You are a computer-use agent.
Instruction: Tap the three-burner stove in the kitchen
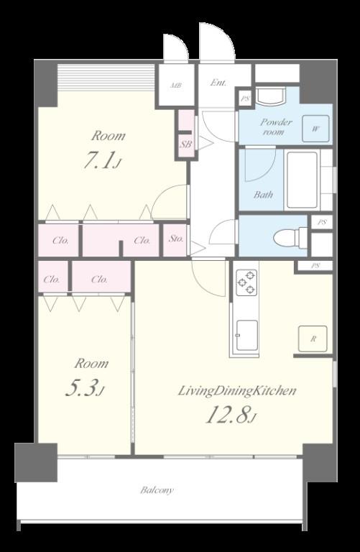tap(246, 282)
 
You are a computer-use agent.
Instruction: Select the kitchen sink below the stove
tap(246, 335)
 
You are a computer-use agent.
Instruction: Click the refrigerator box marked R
tap(313, 339)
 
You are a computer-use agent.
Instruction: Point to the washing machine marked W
tap(315, 129)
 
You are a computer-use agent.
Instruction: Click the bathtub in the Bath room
tap(303, 180)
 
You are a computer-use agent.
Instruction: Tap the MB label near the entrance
tap(176, 86)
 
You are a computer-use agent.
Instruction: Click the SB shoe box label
tap(186, 144)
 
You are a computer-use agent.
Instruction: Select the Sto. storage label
tap(176, 239)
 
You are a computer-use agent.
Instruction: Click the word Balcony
tap(157, 490)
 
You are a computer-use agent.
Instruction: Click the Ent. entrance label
tap(218, 83)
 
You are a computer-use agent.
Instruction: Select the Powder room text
tap(276, 126)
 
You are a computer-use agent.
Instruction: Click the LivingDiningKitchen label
tap(237, 391)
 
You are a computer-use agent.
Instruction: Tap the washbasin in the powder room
tap(270, 96)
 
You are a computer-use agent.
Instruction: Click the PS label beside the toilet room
tap(322, 223)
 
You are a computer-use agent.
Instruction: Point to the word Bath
tap(263, 194)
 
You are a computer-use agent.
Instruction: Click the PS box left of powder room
tap(245, 99)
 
